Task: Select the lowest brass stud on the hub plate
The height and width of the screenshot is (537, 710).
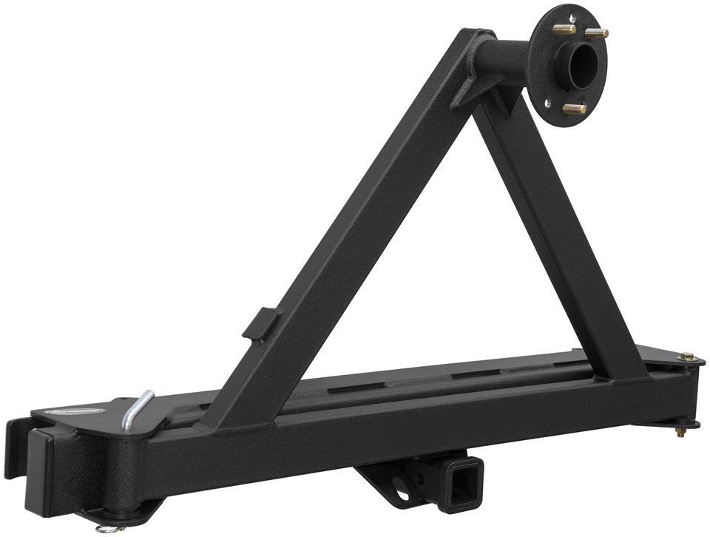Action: click(x=574, y=109)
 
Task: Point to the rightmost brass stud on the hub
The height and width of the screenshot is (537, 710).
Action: click(x=598, y=33)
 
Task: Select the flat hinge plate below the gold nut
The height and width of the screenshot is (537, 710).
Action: click(x=669, y=422)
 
